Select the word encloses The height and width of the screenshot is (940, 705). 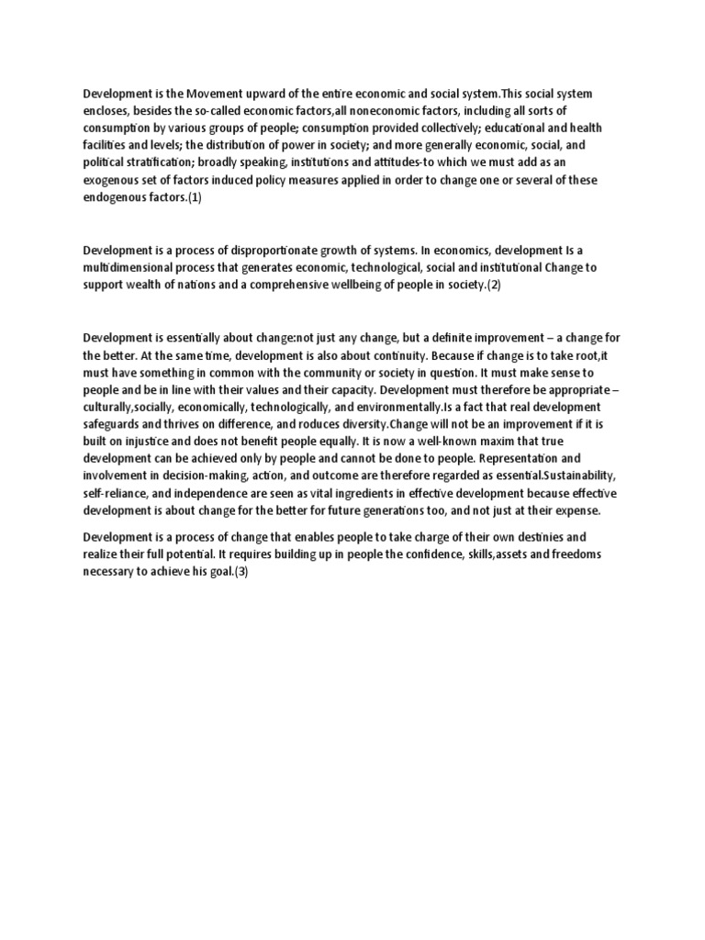pyautogui.click(x=108, y=110)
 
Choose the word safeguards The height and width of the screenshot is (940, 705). pyautogui.click(x=115, y=424)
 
